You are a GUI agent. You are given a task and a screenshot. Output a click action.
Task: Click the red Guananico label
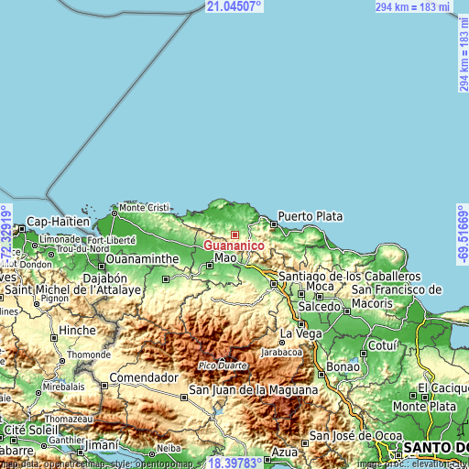coord(234,246)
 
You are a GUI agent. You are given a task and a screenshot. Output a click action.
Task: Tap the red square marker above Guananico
coord(234,235)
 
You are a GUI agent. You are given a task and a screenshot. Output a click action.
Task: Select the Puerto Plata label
coord(310,217)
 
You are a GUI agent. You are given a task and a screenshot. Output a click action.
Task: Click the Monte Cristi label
coord(146,208)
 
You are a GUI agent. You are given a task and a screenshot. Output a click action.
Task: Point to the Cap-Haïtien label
coord(58,222)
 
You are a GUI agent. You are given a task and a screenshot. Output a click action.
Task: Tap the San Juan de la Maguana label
coord(253,390)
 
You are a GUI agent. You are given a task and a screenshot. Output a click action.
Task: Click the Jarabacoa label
coord(281,351)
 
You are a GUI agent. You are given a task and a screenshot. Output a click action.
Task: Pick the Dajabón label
coord(104,278)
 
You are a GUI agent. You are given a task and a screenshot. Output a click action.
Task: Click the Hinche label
coord(76,331)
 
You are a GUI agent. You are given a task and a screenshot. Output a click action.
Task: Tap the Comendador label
coord(143,377)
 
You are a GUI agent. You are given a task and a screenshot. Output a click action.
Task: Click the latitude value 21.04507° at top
coord(234,6)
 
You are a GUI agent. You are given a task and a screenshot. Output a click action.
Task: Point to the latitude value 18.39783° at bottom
coord(232,463)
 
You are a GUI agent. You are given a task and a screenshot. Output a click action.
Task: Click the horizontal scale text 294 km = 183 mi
coord(411,6)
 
